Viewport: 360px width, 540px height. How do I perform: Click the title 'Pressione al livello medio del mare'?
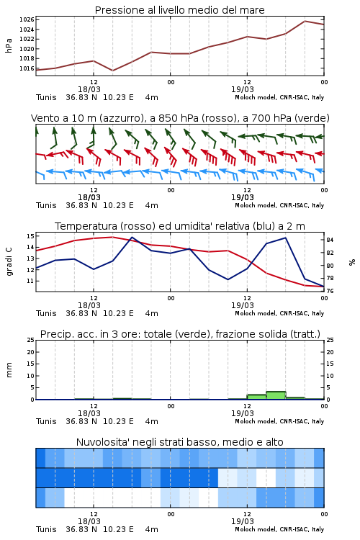click(x=179, y=10)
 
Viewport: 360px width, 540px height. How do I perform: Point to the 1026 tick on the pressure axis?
click(x=27, y=19)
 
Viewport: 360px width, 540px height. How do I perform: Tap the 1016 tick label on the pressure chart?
click(x=27, y=68)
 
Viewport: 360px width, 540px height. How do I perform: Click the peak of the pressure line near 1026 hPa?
click(x=305, y=21)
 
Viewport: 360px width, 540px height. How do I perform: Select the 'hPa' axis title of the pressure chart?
click(x=9, y=45)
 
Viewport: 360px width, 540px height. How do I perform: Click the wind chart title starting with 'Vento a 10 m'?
click(x=180, y=118)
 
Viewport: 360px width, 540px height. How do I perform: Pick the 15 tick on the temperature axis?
click(x=30, y=236)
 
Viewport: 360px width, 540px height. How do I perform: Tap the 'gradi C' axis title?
click(x=9, y=262)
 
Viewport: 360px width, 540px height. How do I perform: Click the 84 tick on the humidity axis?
click(x=330, y=240)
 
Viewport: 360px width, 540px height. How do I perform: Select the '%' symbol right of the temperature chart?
click(x=352, y=262)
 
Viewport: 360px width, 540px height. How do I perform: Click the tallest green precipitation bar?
click(x=276, y=395)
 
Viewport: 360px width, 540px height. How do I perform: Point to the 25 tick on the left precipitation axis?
click(x=30, y=340)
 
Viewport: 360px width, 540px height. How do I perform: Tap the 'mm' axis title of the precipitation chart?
click(x=9, y=370)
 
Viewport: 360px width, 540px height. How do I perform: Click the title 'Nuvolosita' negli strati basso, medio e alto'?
click(x=179, y=442)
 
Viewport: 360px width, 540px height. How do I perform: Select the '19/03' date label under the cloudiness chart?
click(x=243, y=521)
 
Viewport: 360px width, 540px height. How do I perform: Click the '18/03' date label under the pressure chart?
click(x=89, y=89)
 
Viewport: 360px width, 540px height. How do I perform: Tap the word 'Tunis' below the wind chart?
click(x=46, y=206)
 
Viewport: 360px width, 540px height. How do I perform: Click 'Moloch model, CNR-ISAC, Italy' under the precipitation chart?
click(x=279, y=421)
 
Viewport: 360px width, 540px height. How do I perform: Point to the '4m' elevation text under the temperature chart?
click(x=152, y=313)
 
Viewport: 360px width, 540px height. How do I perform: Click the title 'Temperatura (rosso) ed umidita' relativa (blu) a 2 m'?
click(x=180, y=226)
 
